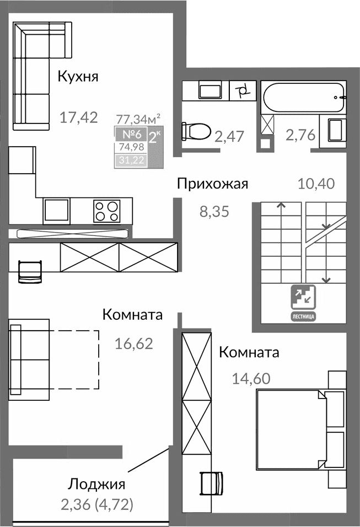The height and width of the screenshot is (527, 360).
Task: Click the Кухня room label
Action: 78,77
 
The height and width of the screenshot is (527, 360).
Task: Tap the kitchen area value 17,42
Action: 79,117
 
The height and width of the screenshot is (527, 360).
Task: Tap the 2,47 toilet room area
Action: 230,136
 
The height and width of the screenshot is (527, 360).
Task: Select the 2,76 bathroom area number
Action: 300,134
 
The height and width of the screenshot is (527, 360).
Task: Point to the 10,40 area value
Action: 316,184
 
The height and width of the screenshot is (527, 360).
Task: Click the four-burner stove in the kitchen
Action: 107,211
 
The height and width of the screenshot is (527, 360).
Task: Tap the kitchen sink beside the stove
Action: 57,211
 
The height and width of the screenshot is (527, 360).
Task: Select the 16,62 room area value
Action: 133,344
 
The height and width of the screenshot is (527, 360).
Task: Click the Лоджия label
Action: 97,485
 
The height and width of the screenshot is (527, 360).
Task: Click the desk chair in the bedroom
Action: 212,483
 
